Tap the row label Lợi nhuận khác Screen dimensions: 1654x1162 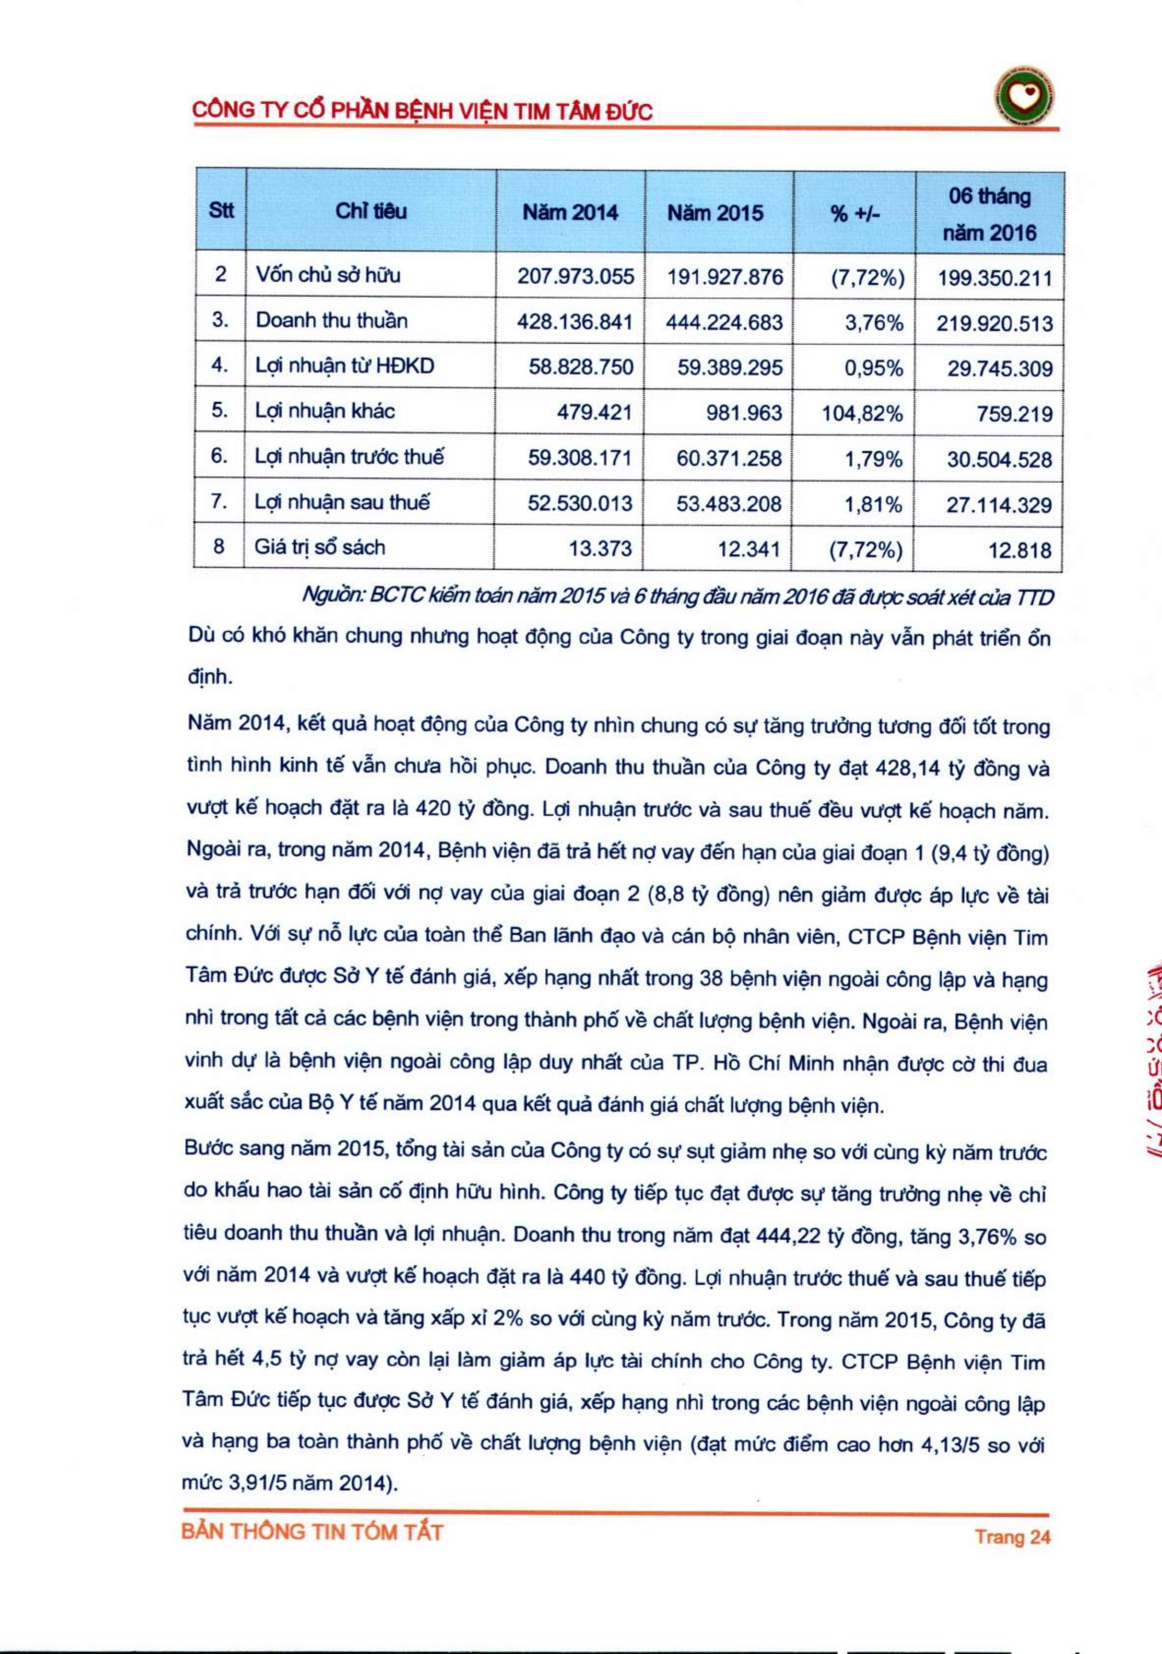click(x=325, y=411)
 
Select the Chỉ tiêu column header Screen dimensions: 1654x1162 click(x=370, y=211)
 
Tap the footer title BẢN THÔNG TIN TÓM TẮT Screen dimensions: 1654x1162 click(x=312, y=1532)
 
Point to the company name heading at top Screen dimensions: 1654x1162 click(x=421, y=111)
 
